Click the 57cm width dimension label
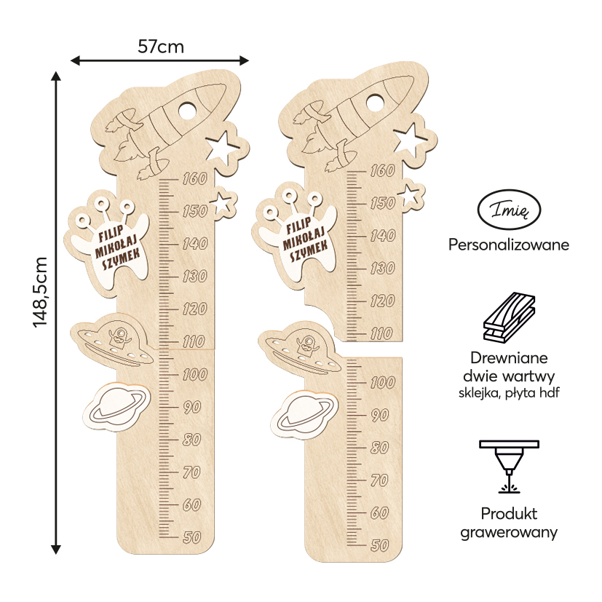click(x=161, y=47)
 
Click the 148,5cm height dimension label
click(x=41, y=292)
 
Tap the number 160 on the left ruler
click(x=194, y=178)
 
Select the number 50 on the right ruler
click(x=379, y=544)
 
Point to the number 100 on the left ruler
click(x=194, y=374)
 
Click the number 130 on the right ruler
click(x=381, y=268)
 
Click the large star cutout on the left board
click(x=223, y=146)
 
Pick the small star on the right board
click(x=411, y=194)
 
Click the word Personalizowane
click(x=509, y=245)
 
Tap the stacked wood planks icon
click(x=509, y=318)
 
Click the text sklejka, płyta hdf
click(x=509, y=394)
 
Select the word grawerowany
click(x=509, y=532)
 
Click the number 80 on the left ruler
click(x=192, y=440)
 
